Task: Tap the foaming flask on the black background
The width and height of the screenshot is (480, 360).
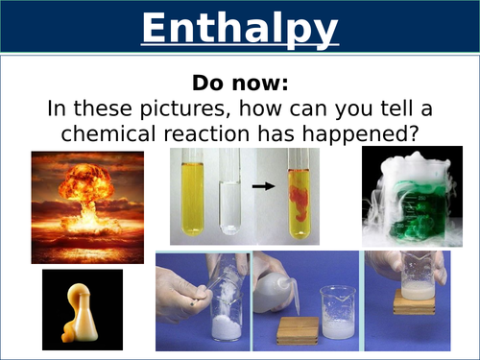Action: [81, 308]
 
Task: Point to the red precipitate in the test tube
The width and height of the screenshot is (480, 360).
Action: [300, 206]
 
